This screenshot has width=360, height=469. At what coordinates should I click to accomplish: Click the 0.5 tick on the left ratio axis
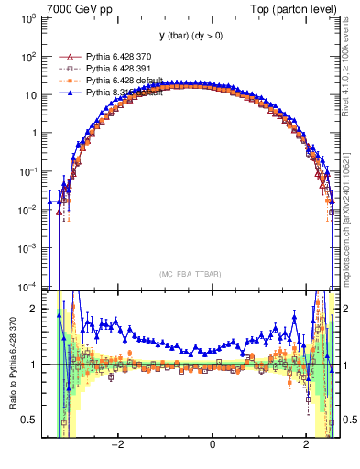(30, 420)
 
